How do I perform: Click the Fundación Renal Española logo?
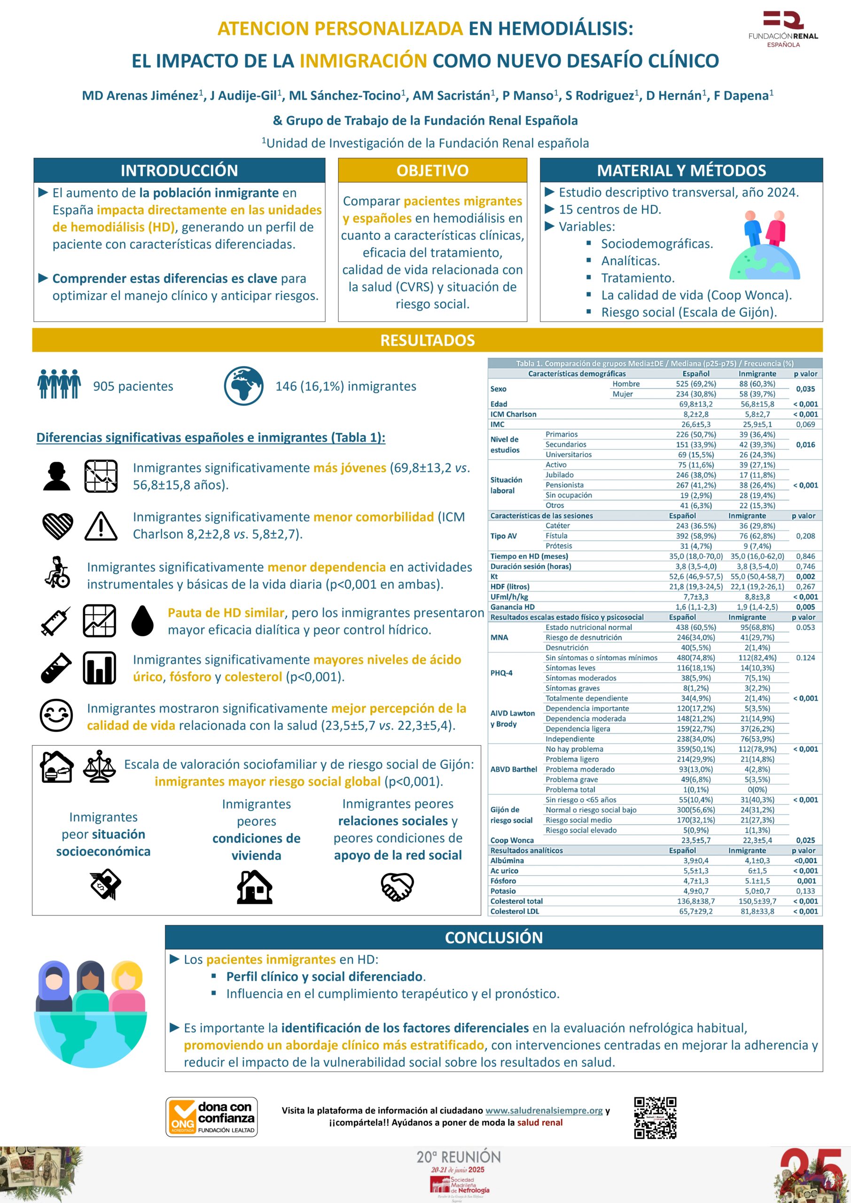[x=783, y=29]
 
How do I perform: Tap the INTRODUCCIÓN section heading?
[x=179, y=170]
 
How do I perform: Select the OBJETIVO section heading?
[x=432, y=170]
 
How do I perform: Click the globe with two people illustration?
[x=765, y=245]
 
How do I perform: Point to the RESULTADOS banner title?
[x=427, y=340]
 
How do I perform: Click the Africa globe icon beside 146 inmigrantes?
[x=243, y=386]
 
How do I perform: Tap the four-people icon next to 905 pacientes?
[x=59, y=384]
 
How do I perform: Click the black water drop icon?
[x=142, y=620]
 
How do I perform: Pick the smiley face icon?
[x=56, y=715]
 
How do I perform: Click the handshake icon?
[x=397, y=887]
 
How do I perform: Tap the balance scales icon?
[x=99, y=766]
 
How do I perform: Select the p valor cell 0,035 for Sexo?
[x=805, y=389]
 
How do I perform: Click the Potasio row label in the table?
[x=503, y=891]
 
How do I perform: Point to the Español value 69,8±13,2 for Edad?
[x=695, y=404]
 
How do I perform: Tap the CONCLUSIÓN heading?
[x=493, y=937]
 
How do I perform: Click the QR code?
[x=655, y=1118]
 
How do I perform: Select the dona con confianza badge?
[x=212, y=1117]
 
